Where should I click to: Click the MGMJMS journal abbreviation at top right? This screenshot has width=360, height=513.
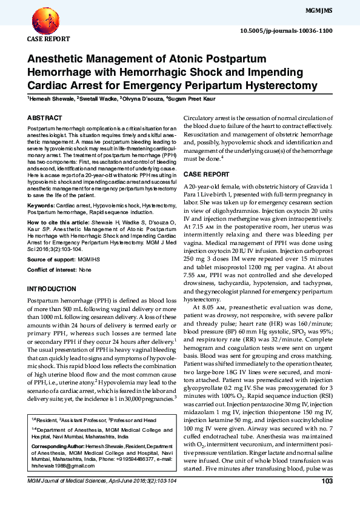tap(336, 10)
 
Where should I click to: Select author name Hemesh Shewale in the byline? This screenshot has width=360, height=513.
tap(49, 97)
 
